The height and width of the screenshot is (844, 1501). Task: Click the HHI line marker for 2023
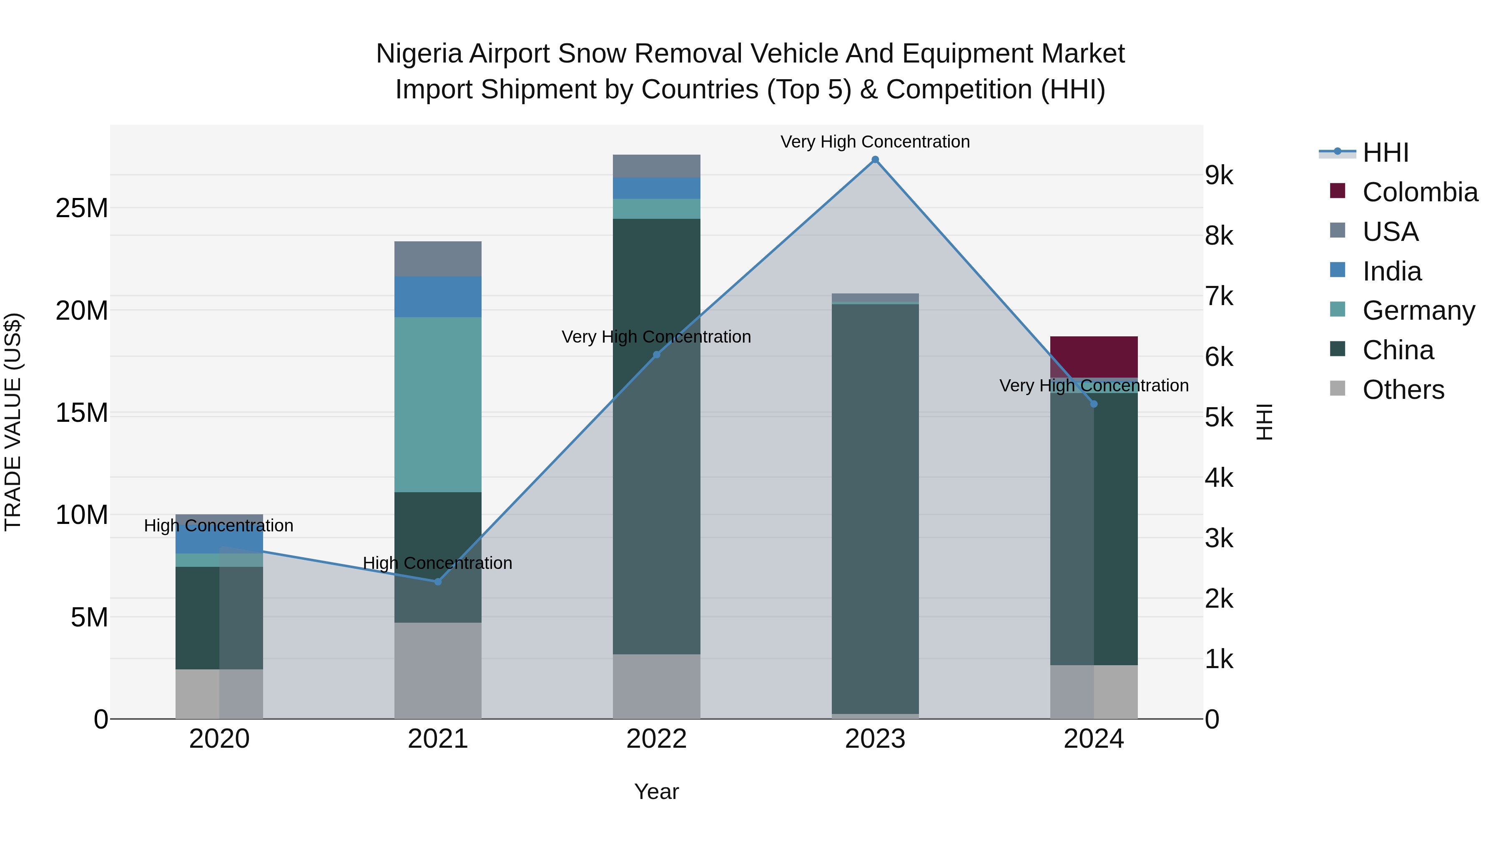(875, 160)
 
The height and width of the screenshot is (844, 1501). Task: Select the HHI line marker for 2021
(438, 581)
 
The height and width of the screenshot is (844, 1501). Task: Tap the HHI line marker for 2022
(656, 355)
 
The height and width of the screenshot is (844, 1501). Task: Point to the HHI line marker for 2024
(1094, 403)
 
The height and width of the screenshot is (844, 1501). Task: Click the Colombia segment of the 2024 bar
(1094, 356)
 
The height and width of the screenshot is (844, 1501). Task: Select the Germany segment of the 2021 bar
(438, 404)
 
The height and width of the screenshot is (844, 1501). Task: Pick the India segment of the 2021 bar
(438, 296)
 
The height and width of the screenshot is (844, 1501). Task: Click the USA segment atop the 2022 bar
(656, 166)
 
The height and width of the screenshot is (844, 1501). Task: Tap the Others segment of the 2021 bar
(438, 670)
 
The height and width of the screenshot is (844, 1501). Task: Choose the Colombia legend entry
(1419, 192)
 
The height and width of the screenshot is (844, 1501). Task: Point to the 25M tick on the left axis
(82, 208)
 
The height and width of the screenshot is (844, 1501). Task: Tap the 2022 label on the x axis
(656, 739)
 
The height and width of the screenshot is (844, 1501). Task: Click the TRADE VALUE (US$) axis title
(13, 422)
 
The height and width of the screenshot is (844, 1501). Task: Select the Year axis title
(656, 791)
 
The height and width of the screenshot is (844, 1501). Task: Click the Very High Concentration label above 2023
(875, 142)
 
